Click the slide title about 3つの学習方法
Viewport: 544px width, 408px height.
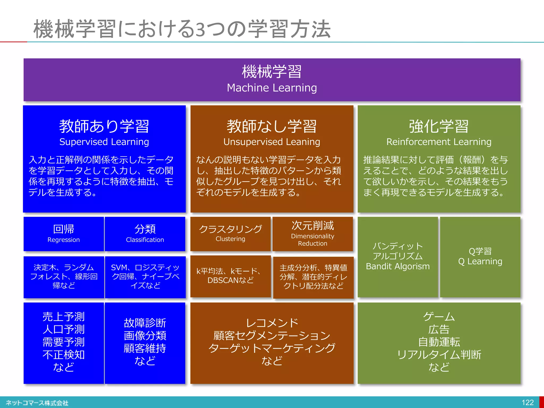point(182,29)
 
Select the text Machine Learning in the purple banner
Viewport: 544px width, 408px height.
point(272,88)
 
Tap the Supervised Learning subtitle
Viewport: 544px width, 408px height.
point(104,142)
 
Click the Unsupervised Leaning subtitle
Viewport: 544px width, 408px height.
point(272,142)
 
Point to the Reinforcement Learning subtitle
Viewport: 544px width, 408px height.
point(439,142)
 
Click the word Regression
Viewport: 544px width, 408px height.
point(63,240)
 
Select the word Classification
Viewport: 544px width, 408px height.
point(145,240)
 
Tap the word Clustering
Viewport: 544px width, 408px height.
point(230,239)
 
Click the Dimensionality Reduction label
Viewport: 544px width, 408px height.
point(313,240)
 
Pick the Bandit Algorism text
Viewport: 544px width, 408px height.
point(398,266)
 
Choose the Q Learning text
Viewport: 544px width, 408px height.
point(480,262)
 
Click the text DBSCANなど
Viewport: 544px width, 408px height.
point(230,280)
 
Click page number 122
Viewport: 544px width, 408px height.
point(528,403)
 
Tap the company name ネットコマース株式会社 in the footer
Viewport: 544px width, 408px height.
point(37,403)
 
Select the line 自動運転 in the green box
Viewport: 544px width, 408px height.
point(439,342)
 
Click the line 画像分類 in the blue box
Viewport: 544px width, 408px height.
point(145,336)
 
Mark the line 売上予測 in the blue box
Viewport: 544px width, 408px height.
point(63,317)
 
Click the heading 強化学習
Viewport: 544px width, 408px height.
point(439,126)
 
